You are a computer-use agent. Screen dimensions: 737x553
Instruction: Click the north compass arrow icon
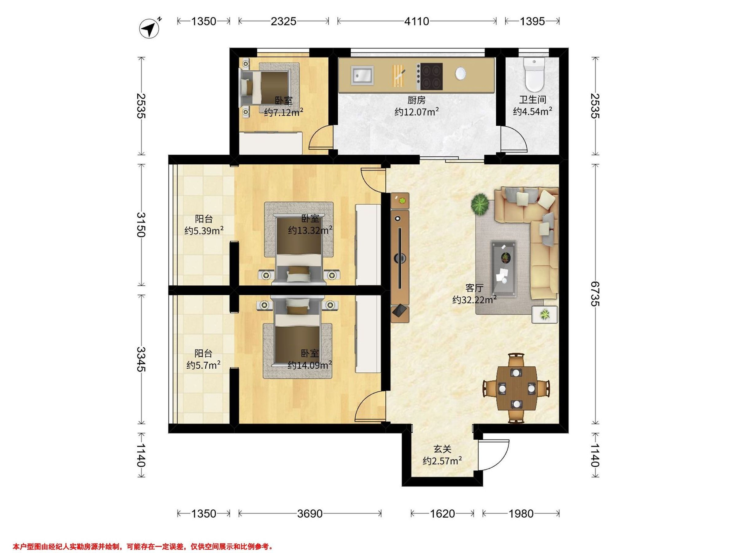[x=149, y=28]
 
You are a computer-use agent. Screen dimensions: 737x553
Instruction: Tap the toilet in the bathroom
[x=534, y=75]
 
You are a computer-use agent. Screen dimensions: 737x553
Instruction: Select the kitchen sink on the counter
[x=362, y=75]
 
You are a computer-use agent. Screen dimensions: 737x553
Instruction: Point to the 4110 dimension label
[x=416, y=21]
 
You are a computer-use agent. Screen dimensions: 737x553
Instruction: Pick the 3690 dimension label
[x=310, y=514]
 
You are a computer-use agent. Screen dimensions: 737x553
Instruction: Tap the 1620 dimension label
[x=442, y=514]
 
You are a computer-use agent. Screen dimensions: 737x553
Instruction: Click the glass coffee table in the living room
[x=503, y=269]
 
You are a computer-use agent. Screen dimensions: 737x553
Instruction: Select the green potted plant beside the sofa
[x=480, y=204]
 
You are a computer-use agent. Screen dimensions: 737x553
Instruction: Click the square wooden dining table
[x=516, y=388]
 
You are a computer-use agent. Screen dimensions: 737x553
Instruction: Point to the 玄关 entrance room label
[x=443, y=449]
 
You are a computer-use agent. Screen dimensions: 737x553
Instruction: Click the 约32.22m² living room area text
[x=474, y=300]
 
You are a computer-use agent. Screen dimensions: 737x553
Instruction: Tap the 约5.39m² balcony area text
[x=204, y=230]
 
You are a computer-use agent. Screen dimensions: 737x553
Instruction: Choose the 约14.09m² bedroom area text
[x=310, y=365]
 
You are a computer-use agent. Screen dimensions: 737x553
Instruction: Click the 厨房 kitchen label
[x=416, y=100]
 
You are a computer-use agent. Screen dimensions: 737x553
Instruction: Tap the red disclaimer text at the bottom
[x=143, y=547]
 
